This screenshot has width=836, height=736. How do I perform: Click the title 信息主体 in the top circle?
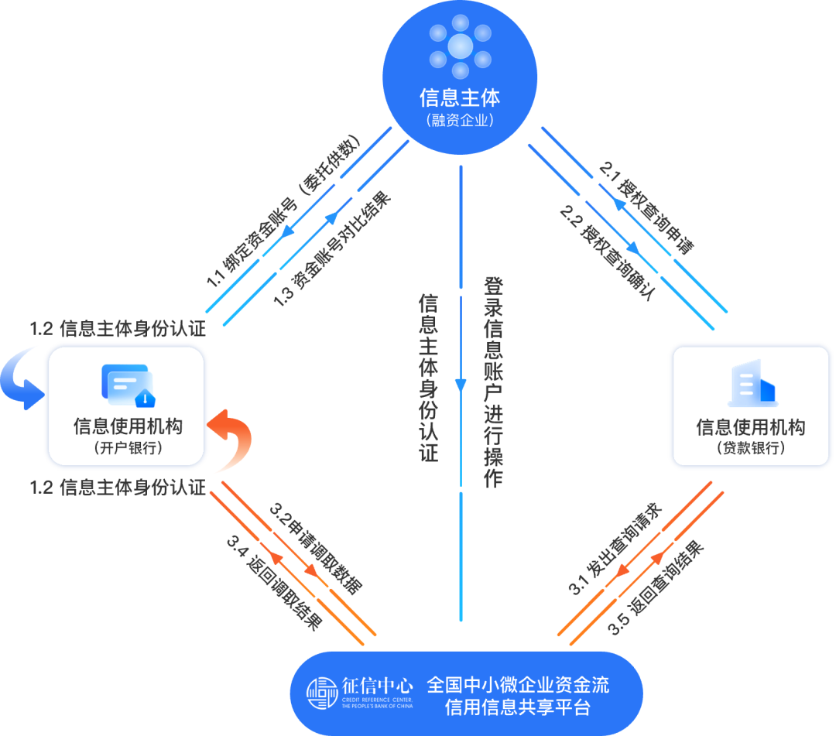tap(460, 98)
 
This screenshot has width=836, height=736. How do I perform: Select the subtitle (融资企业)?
tap(460, 121)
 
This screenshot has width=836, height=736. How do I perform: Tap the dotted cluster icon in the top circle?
tap(460, 46)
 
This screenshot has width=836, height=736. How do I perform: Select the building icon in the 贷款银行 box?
tap(751, 384)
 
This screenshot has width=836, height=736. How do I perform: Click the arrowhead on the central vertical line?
tap(461, 384)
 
